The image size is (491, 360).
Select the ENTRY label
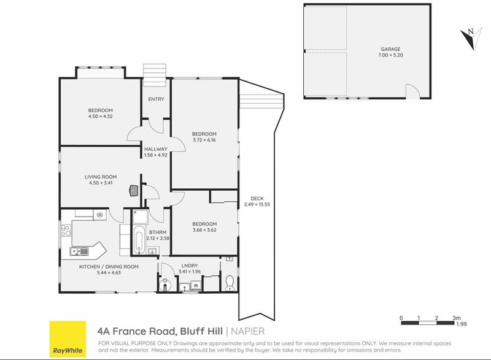click(x=156, y=99)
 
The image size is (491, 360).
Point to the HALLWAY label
click(x=156, y=149)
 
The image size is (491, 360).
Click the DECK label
click(x=257, y=198)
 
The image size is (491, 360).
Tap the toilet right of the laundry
click(x=229, y=283)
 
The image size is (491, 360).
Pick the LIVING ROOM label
click(x=101, y=177)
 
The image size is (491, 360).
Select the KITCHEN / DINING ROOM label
click(x=109, y=267)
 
